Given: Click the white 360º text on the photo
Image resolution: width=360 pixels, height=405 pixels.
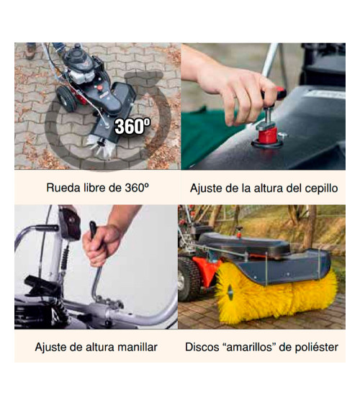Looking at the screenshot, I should point(133,126).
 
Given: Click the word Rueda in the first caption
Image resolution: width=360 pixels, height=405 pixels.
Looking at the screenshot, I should point(63,188).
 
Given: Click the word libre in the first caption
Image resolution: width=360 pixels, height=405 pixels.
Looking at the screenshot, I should point(95,188).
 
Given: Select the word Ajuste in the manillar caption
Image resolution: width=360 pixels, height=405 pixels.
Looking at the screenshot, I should point(50,347).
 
